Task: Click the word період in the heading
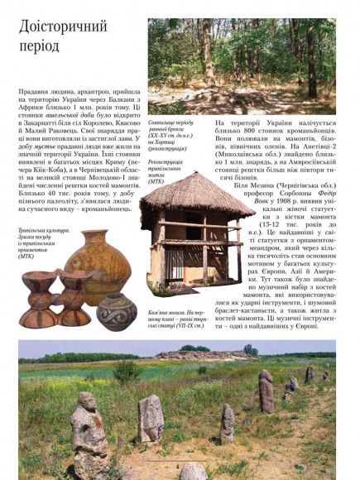coord(42,47)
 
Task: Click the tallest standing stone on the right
coord(266,389)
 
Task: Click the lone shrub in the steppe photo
coord(127,370)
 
